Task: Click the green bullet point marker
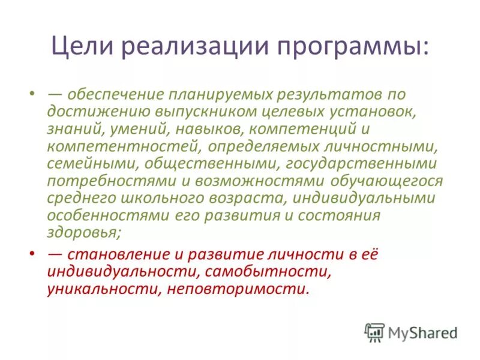31,95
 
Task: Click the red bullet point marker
31,254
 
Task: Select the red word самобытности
268,271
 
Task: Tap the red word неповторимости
235,289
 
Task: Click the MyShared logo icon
374,332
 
